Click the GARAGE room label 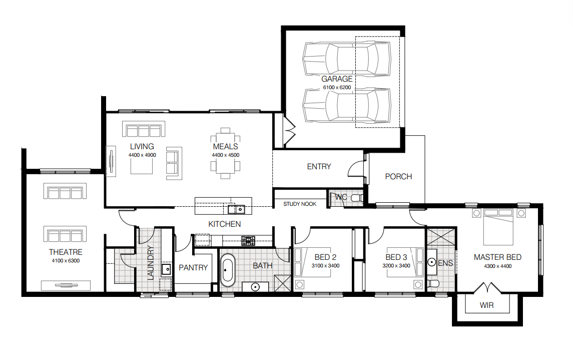point(337,79)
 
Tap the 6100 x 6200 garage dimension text point(337,87)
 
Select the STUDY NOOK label point(300,204)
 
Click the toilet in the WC point(356,198)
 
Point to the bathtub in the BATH point(228,270)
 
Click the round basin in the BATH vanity point(255,287)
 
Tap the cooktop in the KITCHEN point(248,240)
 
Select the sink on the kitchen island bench point(236,209)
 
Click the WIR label point(487,305)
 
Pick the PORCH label point(398,177)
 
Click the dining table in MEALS point(225,154)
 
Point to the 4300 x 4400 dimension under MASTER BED point(498,266)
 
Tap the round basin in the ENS point(431,262)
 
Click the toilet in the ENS point(433,283)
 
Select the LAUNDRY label point(150,263)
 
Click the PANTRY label point(193,267)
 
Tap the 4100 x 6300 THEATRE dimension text point(66,260)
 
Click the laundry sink point(166,270)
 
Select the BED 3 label point(396,257)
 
